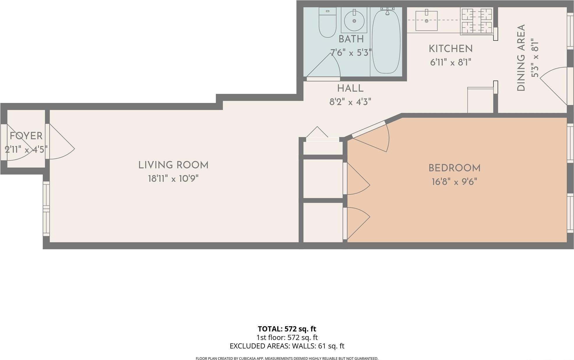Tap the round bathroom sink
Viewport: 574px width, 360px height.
pos(354,21)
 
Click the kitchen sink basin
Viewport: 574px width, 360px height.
pos(426,21)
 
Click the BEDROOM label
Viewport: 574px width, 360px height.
pos(454,168)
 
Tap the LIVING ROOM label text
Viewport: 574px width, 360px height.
pos(173,165)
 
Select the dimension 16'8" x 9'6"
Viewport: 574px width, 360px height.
pos(454,182)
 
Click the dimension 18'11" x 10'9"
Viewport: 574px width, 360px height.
pos(173,178)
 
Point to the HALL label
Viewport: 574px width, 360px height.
pos(350,89)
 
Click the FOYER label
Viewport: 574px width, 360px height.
pos(26,136)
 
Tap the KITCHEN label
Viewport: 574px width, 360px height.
pos(450,49)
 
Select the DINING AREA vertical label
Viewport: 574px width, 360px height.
pos(521,58)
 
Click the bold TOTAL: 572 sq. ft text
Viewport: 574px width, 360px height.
pos(287,329)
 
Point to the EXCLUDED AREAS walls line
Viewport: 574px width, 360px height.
pos(287,346)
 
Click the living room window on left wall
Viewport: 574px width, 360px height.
pos(46,208)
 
